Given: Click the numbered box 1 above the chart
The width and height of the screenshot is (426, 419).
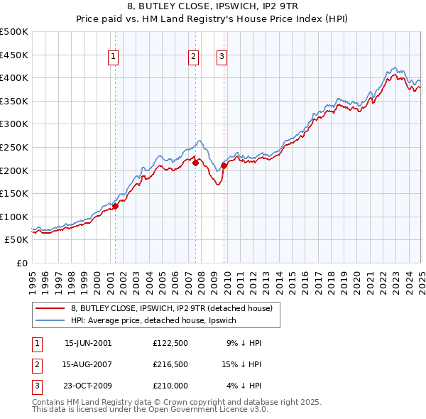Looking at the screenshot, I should pyautogui.click(x=114, y=58).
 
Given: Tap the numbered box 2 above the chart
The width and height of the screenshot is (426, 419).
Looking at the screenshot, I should pyautogui.click(x=193, y=58).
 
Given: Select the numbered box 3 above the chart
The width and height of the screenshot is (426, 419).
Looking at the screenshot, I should pyautogui.click(x=222, y=58).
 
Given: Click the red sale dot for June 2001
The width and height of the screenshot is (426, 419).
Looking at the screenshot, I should pyautogui.click(x=115, y=206).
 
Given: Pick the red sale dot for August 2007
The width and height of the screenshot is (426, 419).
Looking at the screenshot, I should pyautogui.click(x=195, y=163).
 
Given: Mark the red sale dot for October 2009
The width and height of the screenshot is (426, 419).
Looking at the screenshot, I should pyautogui.click(x=224, y=165).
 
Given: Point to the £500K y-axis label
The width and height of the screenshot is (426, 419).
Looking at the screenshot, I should pyautogui.click(x=14, y=32).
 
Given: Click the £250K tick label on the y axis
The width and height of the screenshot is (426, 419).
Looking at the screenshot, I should pyautogui.click(x=14, y=147).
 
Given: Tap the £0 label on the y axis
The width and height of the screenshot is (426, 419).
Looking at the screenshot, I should pyautogui.click(x=22, y=263).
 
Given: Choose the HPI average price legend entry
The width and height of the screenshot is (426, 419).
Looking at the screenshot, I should pyautogui.click(x=156, y=320).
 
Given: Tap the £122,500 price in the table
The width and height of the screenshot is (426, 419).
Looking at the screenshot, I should pyautogui.click(x=170, y=343).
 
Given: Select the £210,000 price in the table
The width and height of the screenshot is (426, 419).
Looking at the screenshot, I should pyautogui.click(x=170, y=386).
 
